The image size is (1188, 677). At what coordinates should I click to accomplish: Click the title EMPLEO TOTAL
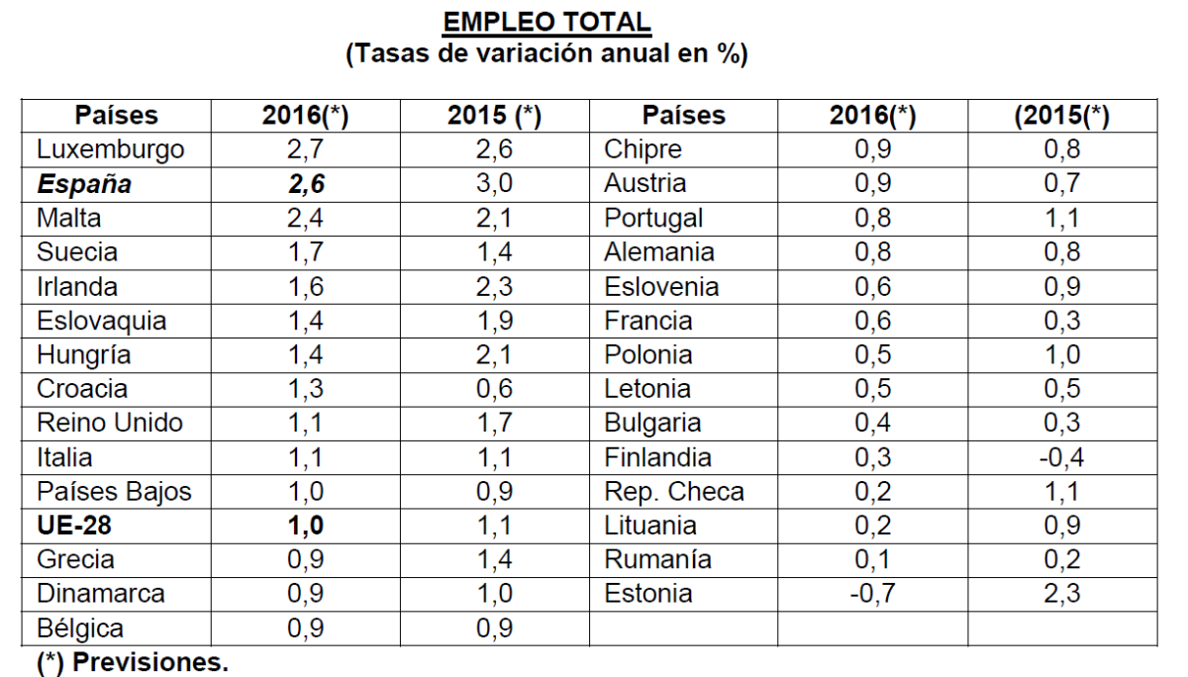point(546,22)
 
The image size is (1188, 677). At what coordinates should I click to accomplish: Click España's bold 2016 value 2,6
point(306,184)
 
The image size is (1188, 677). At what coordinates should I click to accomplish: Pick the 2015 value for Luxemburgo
point(494,150)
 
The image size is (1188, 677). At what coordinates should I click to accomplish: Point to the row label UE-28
point(74,526)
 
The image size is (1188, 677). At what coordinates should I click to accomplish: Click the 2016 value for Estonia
point(870,594)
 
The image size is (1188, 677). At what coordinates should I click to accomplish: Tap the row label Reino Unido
point(110,424)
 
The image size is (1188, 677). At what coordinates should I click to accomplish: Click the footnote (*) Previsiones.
point(132,662)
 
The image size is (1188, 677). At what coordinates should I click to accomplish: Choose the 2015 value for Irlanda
point(494,287)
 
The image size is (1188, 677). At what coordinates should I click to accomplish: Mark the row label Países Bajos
point(114,492)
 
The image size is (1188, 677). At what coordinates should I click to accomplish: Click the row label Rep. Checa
point(673,492)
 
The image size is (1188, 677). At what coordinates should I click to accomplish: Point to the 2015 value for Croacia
point(494,389)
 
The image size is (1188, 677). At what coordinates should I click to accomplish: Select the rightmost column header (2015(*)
point(1062,116)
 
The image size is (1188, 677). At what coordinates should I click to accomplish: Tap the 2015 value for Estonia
point(1062,594)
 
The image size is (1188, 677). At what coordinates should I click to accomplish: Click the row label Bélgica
point(80,629)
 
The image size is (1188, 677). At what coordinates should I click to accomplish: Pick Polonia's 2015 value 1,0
point(1062,355)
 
